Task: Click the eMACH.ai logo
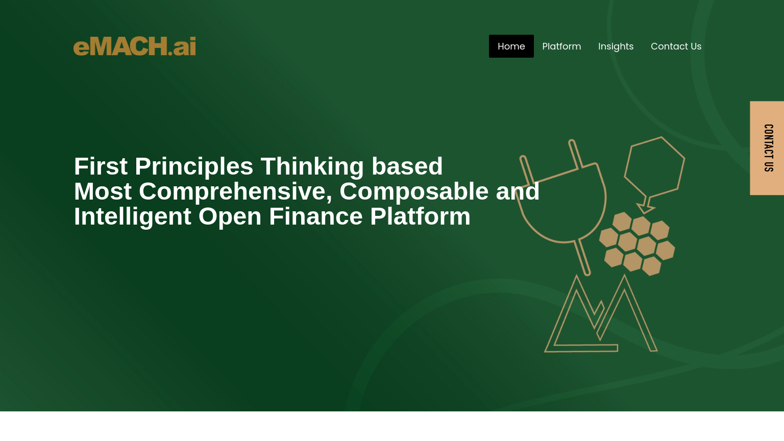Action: click(x=134, y=46)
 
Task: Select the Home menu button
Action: click(x=511, y=46)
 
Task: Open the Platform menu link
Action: click(x=561, y=46)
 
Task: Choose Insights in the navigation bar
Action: click(x=616, y=46)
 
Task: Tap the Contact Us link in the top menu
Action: click(x=676, y=46)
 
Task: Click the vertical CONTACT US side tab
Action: click(x=767, y=148)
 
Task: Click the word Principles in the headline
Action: click(x=194, y=166)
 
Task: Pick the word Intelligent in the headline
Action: click(x=133, y=216)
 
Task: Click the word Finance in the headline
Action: click(x=315, y=216)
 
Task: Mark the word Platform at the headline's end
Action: click(x=420, y=216)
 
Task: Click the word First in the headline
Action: click(x=101, y=166)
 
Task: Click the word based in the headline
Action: click(x=407, y=166)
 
